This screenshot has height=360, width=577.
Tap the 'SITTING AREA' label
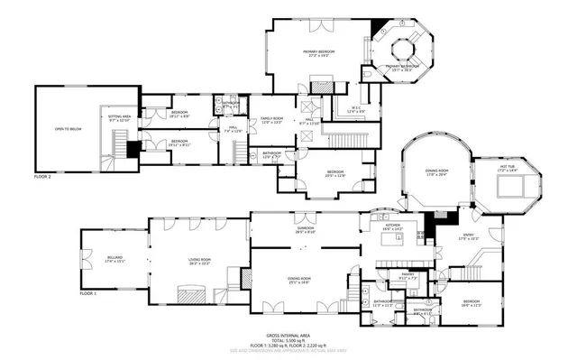coord(120,116)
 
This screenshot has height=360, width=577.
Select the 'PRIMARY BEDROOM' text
coord(318,52)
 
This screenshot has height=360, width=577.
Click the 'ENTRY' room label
coord(468,235)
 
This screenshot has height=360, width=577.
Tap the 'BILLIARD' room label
coord(113,258)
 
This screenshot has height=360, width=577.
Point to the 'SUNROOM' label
coord(306,227)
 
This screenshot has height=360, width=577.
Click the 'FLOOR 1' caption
coord(88,294)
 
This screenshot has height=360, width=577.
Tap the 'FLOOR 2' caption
coord(43,177)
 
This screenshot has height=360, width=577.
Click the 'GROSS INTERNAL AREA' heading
coord(288,333)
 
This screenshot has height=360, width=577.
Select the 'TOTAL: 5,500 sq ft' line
coord(288,338)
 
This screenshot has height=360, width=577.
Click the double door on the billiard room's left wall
coord(83,259)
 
